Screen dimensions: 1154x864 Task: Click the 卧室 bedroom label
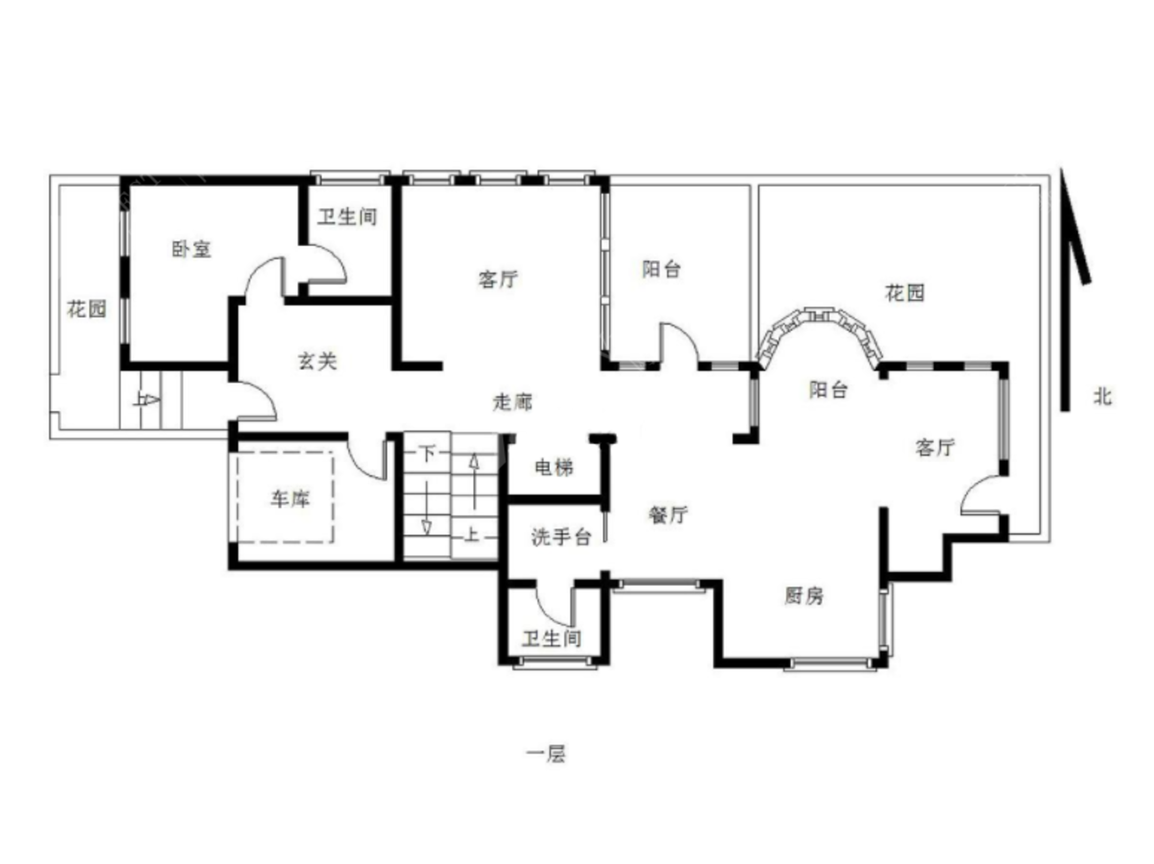[x=192, y=249]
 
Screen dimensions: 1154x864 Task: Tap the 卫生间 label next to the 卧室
[x=347, y=217]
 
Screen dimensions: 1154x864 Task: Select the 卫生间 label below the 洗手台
[x=552, y=639]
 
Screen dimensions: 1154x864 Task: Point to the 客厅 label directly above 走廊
[x=498, y=279]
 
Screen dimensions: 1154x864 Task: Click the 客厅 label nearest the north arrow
[x=935, y=447]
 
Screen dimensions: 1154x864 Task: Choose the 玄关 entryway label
[x=317, y=361]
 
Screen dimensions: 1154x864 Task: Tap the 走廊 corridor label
[x=512, y=402]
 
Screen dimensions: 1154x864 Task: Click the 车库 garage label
[x=290, y=499]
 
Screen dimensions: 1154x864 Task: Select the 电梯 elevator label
[x=554, y=467]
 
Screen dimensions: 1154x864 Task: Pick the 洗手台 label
[x=561, y=537]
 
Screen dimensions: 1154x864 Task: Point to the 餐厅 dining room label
[x=668, y=514]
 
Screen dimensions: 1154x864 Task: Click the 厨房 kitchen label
[x=804, y=596]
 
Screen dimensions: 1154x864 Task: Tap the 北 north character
[x=1103, y=397]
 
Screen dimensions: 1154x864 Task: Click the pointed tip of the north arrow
[x=1061, y=168]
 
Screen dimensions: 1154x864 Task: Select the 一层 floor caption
[x=546, y=754]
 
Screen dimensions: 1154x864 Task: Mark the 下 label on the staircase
[x=427, y=453]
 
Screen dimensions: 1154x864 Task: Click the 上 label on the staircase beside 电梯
[x=471, y=535]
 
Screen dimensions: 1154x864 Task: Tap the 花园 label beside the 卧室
[x=87, y=309]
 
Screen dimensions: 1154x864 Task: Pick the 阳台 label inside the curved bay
[x=828, y=390]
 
